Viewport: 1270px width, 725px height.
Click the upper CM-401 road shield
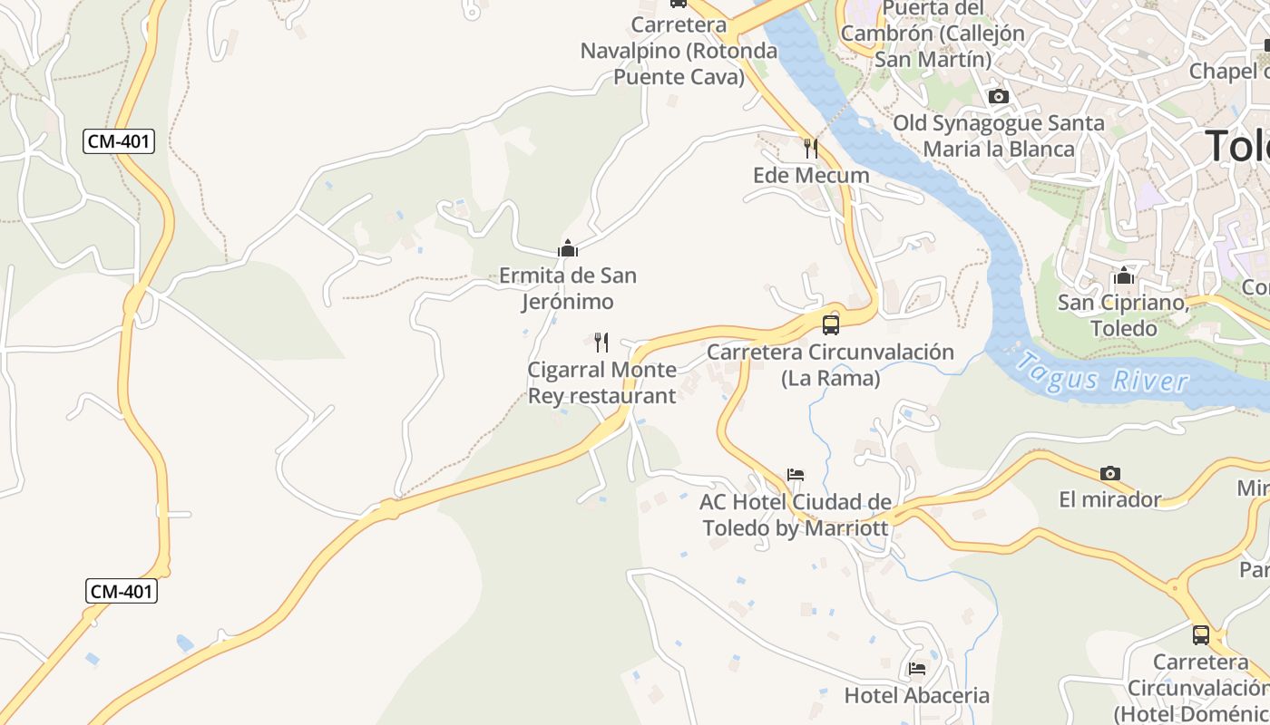119,141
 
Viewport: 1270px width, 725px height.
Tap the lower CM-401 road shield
122,592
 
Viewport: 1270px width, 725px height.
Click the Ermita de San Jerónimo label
568,288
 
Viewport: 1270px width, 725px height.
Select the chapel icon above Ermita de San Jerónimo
568,247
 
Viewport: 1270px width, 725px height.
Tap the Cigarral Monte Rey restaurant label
602,382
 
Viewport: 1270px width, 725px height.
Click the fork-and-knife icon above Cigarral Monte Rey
601,342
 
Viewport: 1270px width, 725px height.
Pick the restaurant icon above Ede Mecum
811,148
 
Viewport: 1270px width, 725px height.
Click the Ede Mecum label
811,175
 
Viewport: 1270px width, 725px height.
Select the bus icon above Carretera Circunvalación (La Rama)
831,324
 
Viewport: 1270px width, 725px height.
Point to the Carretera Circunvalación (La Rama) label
831,364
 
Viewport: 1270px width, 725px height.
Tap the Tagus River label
1101,372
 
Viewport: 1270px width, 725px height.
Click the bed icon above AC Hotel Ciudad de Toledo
796,475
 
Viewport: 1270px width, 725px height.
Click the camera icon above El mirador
1109,473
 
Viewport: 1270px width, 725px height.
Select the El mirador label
1110,499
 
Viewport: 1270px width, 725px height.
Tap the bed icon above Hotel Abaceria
917,669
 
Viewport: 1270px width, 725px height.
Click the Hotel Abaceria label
917,695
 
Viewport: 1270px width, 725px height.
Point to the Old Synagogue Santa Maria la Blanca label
999,136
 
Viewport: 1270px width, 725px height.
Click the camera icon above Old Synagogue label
999,96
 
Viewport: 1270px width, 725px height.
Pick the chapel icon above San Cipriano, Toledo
1124,275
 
